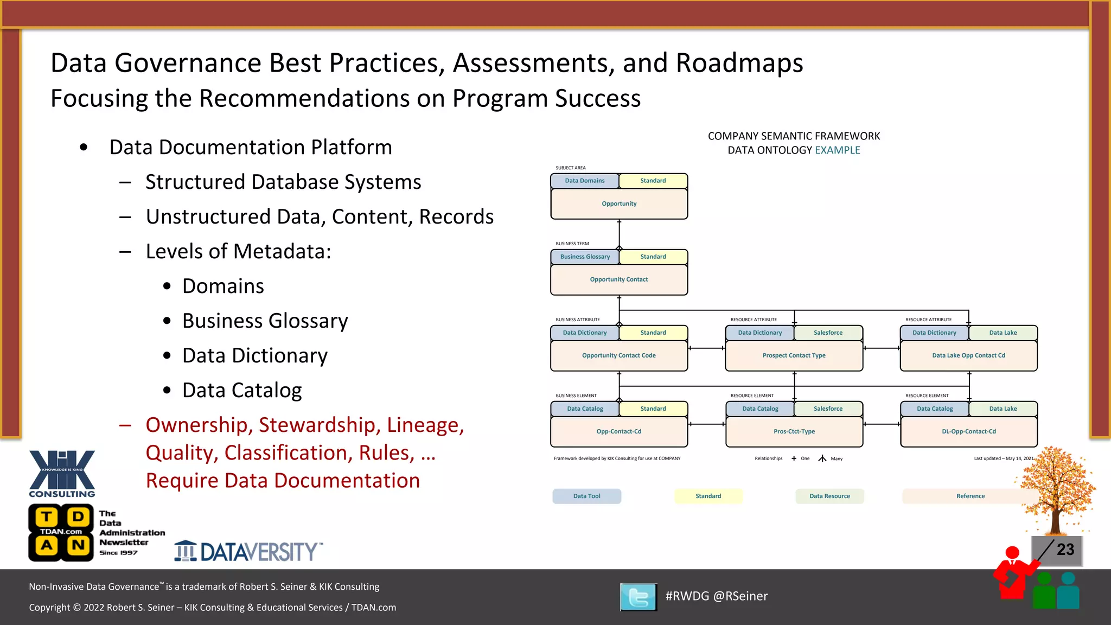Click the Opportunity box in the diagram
(619, 204)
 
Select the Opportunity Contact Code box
(619, 356)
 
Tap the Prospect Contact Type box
(794, 356)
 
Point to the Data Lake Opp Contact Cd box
(968, 356)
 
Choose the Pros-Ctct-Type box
(794, 432)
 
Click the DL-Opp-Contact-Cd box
(968, 432)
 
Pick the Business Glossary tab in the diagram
(585, 257)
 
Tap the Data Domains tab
(585, 181)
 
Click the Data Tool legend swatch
(586, 496)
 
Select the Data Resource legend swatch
(829, 496)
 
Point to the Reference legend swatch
(970, 496)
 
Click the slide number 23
(1065, 550)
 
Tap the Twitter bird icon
(638, 597)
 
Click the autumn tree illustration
(1055, 488)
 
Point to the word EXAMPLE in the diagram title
(837, 150)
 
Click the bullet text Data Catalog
(242, 390)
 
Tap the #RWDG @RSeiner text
(716, 596)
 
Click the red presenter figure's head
(1012, 552)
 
